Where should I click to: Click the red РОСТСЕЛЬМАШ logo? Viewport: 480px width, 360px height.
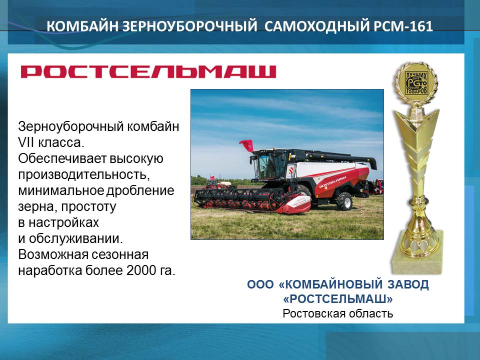point(148,71)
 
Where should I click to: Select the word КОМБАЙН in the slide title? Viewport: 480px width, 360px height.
point(82,26)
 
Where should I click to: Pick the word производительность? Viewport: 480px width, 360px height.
point(83,175)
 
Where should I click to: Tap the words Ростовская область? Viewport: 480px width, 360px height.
point(337,313)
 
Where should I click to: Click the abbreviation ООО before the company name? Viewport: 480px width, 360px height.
point(260,284)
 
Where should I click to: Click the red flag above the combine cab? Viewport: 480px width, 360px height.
point(246,145)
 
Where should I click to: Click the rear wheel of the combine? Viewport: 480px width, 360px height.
point(344,201)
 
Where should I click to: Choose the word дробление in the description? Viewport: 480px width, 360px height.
point(140,190)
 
